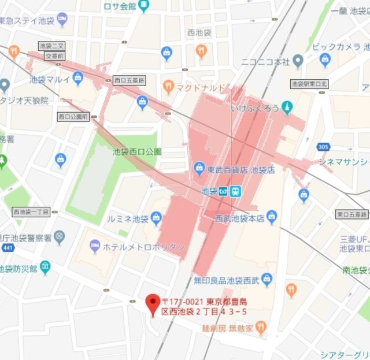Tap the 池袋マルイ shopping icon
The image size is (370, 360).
coord(78,78)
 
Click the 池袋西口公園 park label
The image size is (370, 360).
coord(137,152)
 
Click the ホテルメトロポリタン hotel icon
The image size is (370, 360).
coord(95,247)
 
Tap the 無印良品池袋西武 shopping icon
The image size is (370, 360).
coord(267,280)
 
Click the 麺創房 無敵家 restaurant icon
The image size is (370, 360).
coord(261,328)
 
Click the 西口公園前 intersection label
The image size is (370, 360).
coord(73,116)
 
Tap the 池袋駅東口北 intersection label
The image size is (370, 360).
coord(309,83)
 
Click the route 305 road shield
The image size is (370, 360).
coord(323,147)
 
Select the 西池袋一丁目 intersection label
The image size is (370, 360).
coord(31,212)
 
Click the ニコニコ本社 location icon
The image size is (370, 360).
coord(298,60)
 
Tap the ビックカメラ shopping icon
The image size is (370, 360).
coord(325,60)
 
